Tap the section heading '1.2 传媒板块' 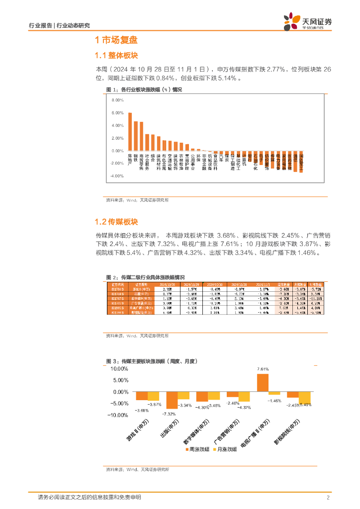[x=116, y=222]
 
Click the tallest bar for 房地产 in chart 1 [x=130, y=132]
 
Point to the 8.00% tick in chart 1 [x=117, y=100]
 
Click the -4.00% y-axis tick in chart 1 [x=117, y=176]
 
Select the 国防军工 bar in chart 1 [x=301, y=162]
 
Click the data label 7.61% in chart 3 [x=263, y=369]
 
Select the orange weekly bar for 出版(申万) [x=172, y=401]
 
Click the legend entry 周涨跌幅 [x=197, y=449]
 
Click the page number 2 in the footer [x=328, y=497]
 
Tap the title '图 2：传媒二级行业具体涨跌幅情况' [x=145, y=277]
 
